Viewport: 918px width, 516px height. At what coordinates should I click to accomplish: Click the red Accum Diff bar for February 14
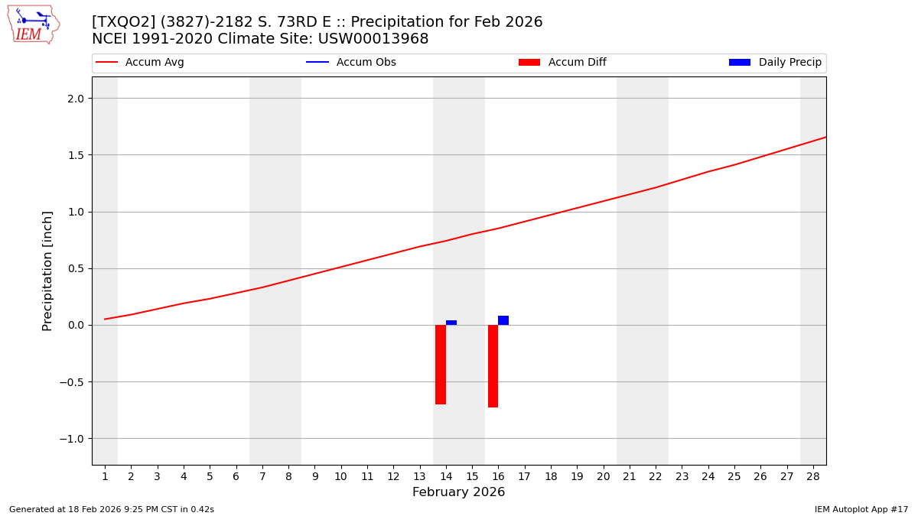(x=441, y=365)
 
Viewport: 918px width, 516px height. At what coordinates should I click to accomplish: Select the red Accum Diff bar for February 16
(x=493, y=366)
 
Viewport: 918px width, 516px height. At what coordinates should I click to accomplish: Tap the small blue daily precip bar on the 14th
(x=451, y=323)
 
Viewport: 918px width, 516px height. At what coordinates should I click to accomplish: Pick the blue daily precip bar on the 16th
(x=503, y=320)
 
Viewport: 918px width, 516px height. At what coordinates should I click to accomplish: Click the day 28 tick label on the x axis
(x=813, y=476)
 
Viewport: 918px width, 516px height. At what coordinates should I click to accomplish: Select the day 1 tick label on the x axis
(x=105, y=476)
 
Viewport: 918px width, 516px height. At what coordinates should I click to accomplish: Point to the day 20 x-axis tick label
(x=603, y=476)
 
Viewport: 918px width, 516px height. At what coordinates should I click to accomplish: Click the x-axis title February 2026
(x=458, y=492)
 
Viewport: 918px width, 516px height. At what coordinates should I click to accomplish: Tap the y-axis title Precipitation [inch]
(x=47, y=271)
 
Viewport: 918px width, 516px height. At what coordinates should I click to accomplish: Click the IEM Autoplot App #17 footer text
(x=861, y=509)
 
